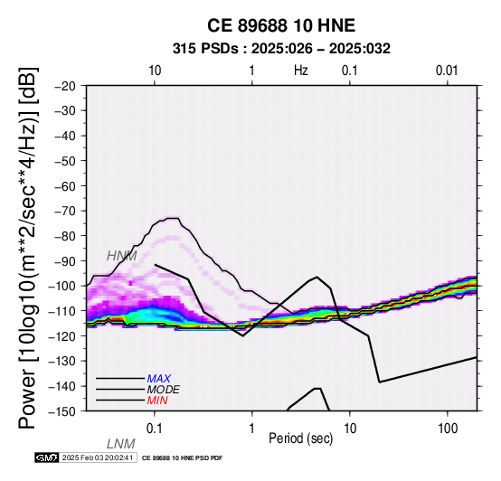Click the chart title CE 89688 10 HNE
click(281, 25)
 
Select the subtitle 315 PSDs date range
click(281, 49)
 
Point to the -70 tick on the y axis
click(66, 212)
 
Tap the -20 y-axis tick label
click(66, 86)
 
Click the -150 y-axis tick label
click(63, 411)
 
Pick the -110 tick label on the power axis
click(63, 311)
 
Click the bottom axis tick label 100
click(448, 429)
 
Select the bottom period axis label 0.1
click(155, 429)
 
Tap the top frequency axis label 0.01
click(447, 71)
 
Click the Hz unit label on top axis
click(301, 71)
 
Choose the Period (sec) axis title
click(300, 439)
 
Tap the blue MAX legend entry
click(159, 379)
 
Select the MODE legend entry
click(164, 390)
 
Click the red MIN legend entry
click(157, 401)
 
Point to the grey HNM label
click(122, 256)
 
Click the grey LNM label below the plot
click(121, 444)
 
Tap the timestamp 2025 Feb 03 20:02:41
click(98, 458)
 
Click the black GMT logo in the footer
click(47, 458)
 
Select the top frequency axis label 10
click(155, 71)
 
